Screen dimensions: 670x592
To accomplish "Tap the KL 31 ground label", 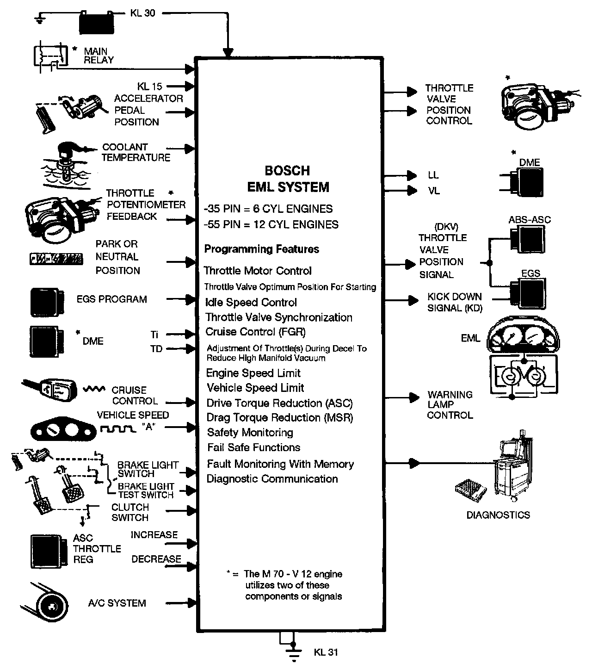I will [326, 652].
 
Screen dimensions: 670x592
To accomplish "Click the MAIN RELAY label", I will [99, 56].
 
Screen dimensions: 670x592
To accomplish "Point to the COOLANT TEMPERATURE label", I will [136, 152].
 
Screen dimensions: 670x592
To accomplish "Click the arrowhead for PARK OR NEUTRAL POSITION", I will [191, 262].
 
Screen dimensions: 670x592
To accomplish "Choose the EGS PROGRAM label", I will [111, 299].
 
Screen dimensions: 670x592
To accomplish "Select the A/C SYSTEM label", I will [117, 603].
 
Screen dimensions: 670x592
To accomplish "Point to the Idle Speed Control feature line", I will [251, 303].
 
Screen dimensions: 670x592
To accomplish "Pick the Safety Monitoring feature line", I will [250, 433].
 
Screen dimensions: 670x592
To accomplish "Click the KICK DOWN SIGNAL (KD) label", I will [454, 302].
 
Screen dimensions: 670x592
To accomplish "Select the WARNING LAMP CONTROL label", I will [450, 405].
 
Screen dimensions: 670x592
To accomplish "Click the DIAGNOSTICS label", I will [498, 515].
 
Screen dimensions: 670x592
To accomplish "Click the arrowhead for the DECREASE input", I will [191, 565].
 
